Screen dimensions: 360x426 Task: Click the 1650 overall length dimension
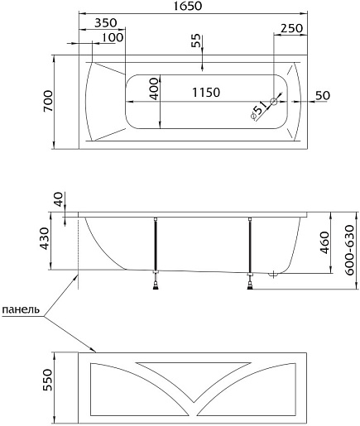tap(188, 6)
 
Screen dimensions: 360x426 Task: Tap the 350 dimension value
tap(106, 23)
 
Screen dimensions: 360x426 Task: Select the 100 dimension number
tap(113, 37)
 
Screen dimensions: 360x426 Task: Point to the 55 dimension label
tap(195, 41)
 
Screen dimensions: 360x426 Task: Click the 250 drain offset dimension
tap(291, 28)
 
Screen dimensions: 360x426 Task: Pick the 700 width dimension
tap(48, 101)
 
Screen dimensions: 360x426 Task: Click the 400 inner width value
tap(155, 89)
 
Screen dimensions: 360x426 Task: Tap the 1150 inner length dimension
tap(206, 93)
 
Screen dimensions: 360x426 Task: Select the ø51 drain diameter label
tap(258, 111)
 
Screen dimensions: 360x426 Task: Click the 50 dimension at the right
tap(323, 95)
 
